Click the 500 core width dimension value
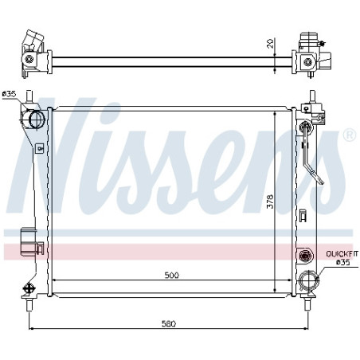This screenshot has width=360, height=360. (172, 275)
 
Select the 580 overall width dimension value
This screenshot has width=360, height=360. (169, 323)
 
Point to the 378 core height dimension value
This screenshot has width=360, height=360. (270, 202)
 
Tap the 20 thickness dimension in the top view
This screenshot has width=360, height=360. (270, 43)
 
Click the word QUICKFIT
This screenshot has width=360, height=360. (342, 254)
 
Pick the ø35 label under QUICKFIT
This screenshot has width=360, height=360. (343, 262)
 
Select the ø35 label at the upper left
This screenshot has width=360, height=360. (9, 94)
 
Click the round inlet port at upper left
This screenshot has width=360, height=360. (37, 119)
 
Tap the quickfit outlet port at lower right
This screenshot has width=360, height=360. (308, 280)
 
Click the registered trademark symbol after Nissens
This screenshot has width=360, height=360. (350, 135)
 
